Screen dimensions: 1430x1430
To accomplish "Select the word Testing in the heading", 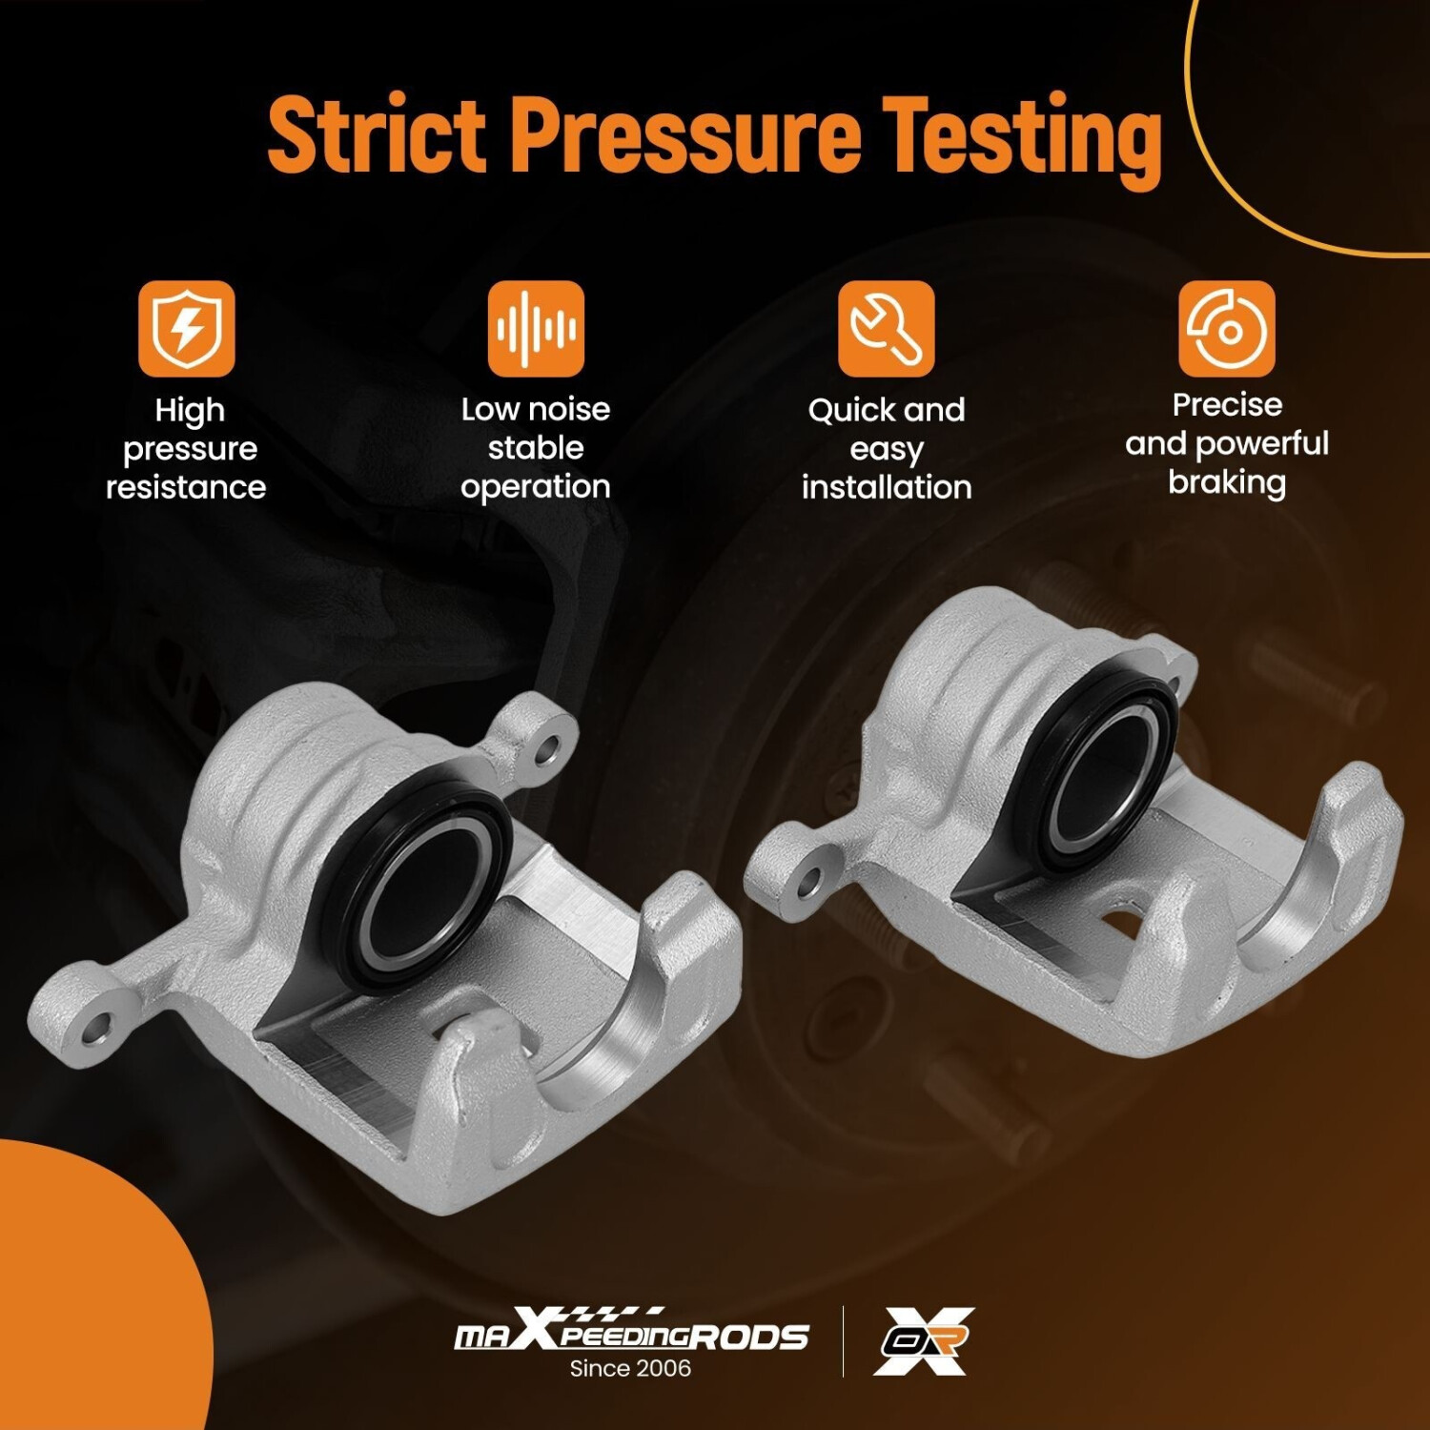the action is pyautogui.click(x=1021, y=140).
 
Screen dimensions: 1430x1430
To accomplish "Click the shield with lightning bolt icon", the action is pyautogui.click(x=187, y=329).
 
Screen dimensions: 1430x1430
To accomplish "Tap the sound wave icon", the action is pyautogui.click(x=536, y=329).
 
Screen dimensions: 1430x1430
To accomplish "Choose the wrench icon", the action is pyautogui.click(x=887, y=329).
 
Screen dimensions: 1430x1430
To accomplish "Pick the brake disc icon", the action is pyautogui.click(x=1227, y=329).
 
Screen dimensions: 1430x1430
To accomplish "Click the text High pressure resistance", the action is pyautogui.click(x=187, y=449).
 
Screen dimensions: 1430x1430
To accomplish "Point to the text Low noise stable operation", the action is pyautogui.click(x=536, y=448).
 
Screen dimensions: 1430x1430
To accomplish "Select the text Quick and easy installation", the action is pyautogui.click(x=887, y=449).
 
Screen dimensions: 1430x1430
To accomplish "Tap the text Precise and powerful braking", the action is pyautogui.click(x=1227, y=444).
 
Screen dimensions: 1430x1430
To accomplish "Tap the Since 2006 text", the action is pyautogui.click(x=630, y=1369).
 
